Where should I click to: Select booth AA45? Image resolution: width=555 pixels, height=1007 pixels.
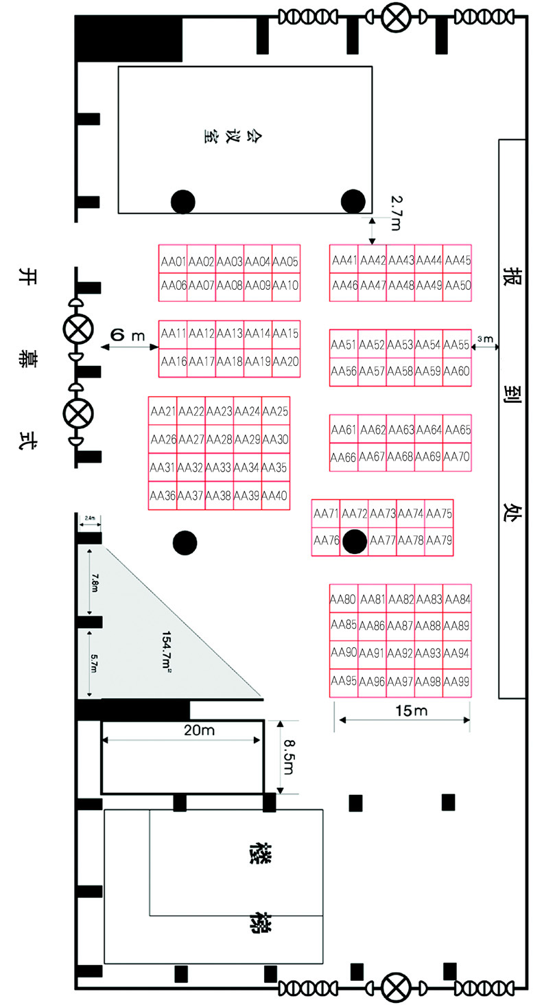click(x=458, y=260)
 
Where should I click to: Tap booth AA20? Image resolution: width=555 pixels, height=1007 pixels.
click(x=285, y=361)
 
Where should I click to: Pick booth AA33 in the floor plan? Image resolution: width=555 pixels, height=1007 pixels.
click(x=219, y=467)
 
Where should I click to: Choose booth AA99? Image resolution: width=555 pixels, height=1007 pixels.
click(x=458, y=682)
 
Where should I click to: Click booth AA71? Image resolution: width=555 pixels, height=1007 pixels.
click(x=326, y=513)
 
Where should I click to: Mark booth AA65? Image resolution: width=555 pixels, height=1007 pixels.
click(x=458, y=430)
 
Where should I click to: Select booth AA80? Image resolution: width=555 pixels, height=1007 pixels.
click(x=344, y=599)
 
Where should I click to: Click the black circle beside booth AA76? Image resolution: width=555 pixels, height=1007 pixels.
click(x=355, y=541)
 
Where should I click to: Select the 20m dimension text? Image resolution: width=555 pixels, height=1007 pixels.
click(x=200, y=730)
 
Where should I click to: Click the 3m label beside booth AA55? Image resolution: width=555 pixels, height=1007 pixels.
click(x=484, y=339)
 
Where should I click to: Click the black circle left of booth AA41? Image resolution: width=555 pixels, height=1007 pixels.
click(x=353, y=200)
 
